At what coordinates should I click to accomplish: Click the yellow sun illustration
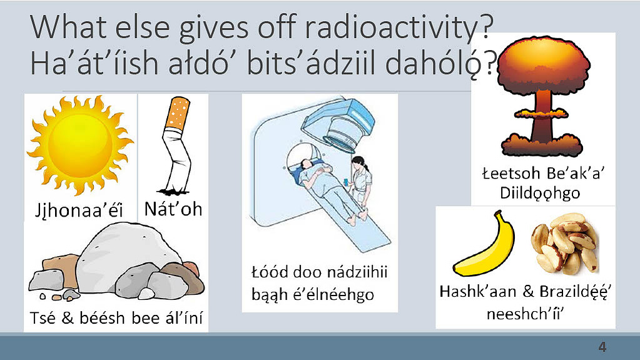tap(80, 145)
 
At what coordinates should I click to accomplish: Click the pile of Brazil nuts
tap(566, 243)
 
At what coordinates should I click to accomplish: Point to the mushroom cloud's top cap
tap(543, 65)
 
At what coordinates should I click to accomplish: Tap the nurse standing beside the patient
tap(361, 180)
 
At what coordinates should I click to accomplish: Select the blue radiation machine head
tap(339, 123)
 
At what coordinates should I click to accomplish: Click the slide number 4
tap(602, 347)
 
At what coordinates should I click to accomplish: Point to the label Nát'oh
tap(173, 209)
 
